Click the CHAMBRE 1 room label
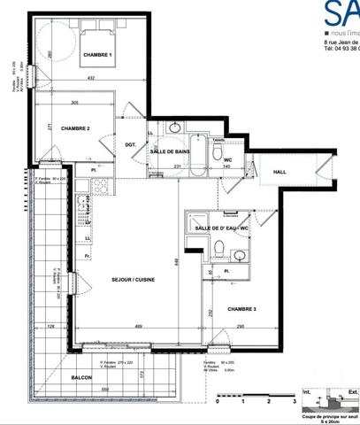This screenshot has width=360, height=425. point(98,56)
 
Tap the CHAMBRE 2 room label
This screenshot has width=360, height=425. point(75,128)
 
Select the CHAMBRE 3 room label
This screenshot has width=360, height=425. point(241,309)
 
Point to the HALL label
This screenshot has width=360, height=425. point(279,172)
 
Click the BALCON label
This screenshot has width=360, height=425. point(82,376)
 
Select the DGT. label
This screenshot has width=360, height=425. point(130,145)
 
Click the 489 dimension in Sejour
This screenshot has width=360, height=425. point(140,328)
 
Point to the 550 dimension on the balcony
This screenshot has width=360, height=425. point(104,390)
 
